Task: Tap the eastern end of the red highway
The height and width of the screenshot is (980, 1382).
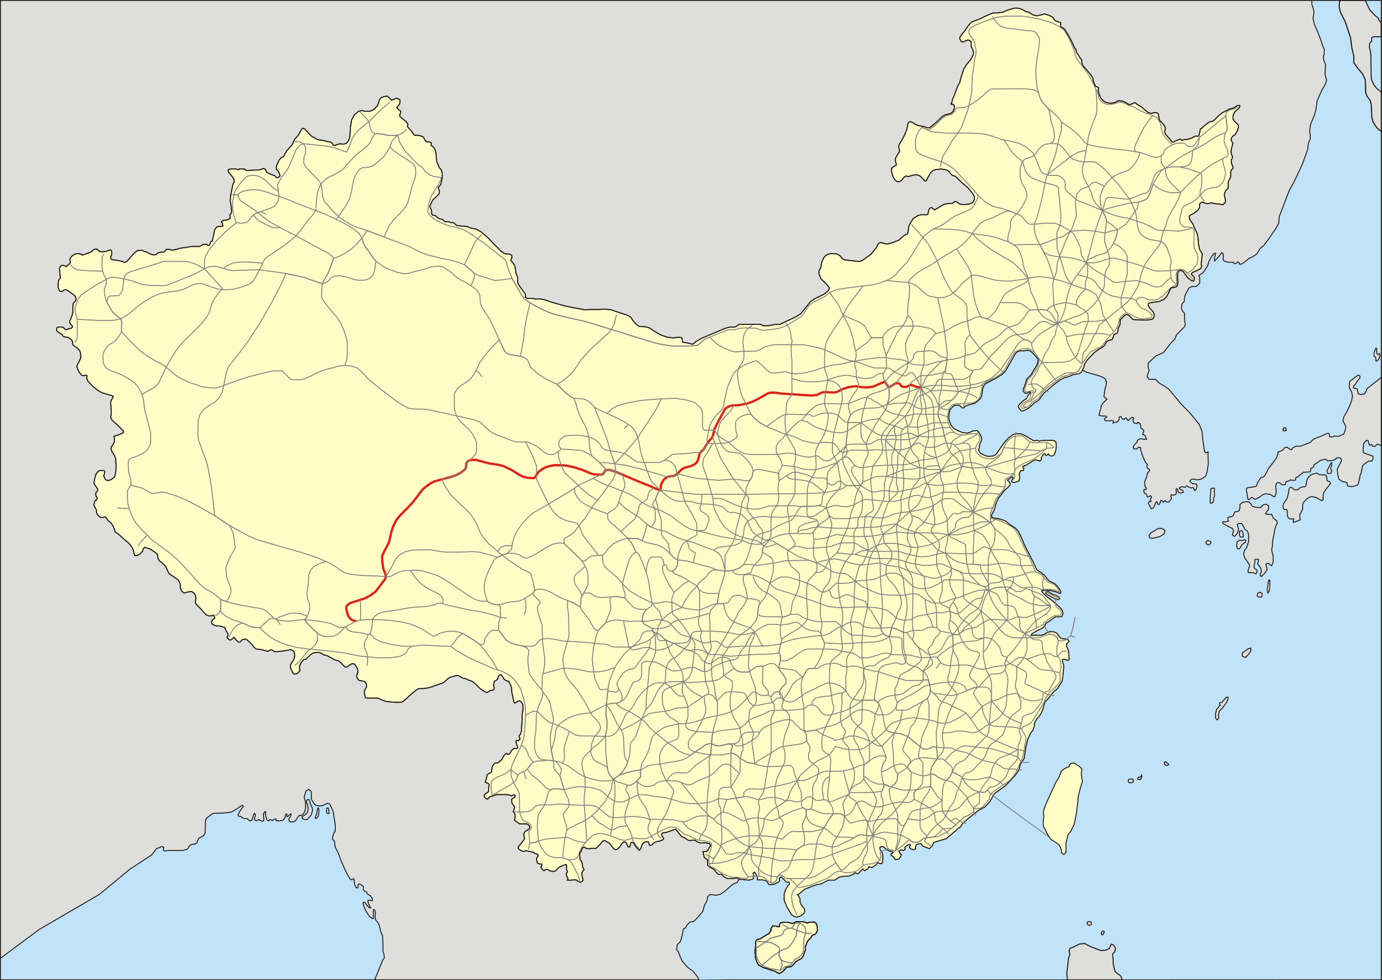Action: pyautogui.click(x=920, y=387)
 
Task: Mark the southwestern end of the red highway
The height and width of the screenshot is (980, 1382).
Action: pyautogui.click(x=355, y=621)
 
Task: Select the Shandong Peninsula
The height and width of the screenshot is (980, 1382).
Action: pyautogui.click(x=1020, y=459)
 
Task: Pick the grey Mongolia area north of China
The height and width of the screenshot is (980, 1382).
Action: pyautogui.click(x=604, y=181)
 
